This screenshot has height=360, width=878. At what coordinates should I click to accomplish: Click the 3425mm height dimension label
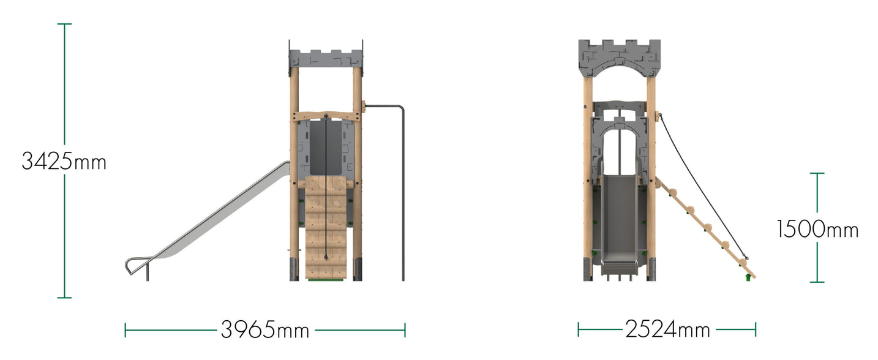[64, 162]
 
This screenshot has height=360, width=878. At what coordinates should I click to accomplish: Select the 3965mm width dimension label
[265, 330]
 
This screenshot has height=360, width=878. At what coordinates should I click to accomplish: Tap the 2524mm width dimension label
[667, 329]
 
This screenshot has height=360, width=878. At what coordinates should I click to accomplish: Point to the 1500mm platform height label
[817, 230]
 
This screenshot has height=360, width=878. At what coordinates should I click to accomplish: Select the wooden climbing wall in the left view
[326, 228]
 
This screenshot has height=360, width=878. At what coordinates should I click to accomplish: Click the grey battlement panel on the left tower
[326, 58]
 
